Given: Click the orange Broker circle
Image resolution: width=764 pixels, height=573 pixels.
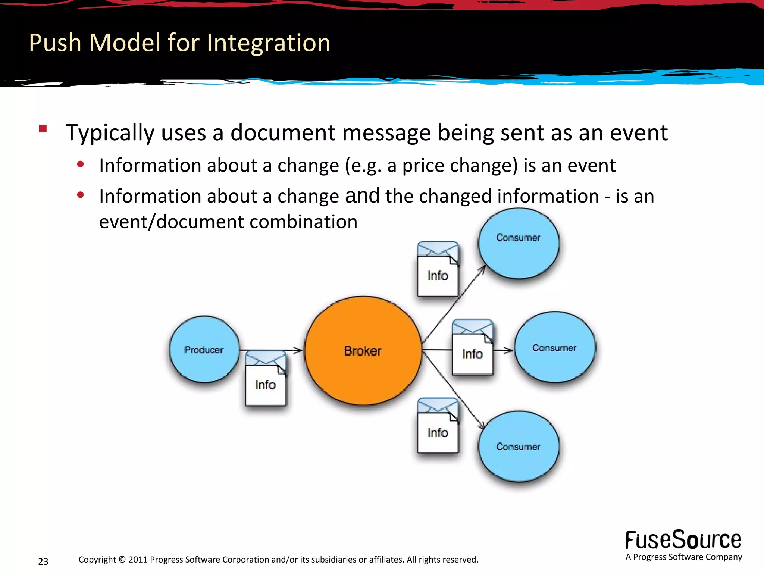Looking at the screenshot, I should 363,351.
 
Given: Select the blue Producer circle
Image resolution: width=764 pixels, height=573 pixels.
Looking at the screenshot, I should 204,350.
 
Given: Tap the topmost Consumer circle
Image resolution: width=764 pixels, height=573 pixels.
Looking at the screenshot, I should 519,243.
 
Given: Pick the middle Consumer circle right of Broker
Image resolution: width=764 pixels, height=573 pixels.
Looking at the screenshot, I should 555,347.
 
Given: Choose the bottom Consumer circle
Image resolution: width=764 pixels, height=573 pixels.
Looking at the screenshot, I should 519,447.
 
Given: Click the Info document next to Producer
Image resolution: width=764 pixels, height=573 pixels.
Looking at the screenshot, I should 266,379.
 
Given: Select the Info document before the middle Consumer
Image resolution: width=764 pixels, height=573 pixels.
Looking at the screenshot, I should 472,348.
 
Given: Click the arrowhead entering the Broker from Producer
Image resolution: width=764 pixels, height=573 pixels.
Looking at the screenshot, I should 298,350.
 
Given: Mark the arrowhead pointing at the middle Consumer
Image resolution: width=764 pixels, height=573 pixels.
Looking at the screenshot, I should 508,350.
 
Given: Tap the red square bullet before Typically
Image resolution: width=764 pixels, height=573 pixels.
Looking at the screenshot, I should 43,129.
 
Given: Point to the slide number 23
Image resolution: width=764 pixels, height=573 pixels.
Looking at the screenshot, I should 43,561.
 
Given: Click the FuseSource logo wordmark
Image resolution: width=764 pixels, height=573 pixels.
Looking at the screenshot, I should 683,540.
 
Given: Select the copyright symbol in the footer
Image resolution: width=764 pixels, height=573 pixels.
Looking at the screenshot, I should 122,560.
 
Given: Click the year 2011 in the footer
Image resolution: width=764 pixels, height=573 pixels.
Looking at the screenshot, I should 138,560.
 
